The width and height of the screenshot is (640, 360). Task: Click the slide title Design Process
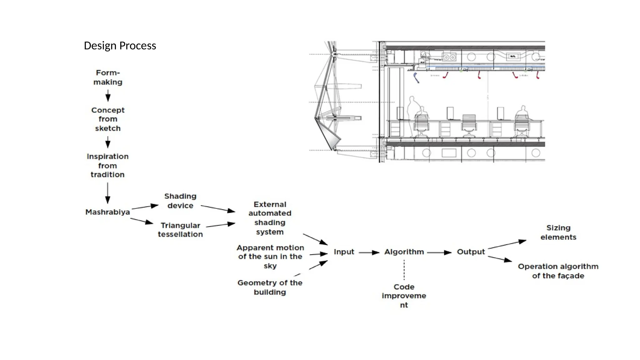[x=120, y=46]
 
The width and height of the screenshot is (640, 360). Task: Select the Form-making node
[x=108, y=77]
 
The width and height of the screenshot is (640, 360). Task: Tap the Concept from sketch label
[x=108, y=119]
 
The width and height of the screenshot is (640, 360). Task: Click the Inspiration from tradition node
[x=107, y=165]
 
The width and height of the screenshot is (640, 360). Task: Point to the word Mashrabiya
[x=107, y=212]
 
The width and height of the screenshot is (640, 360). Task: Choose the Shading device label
[x=180, y=201]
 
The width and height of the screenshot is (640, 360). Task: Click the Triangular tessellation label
[x=180, y=230]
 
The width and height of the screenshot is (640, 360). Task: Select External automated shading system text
[x=270, y=218]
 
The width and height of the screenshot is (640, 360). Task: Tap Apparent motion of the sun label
[x=270, y=257]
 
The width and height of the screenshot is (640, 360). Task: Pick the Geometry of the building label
[x=270, y=287]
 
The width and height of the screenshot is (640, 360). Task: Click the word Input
[x=344, y=252]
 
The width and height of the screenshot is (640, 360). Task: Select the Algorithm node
[x=404, y=252]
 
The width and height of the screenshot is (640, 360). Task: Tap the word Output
[x=471, y=252]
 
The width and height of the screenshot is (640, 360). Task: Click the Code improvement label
[x=404, y=296]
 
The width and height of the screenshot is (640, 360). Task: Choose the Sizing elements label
[x=558, y=232]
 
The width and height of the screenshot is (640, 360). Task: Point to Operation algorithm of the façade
[x=558, y=271]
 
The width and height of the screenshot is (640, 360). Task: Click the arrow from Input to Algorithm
[x=369, y=252]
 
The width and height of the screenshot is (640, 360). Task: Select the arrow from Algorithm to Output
[x=439, y=252]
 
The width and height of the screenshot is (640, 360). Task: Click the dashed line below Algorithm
[x=404, y=271]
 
